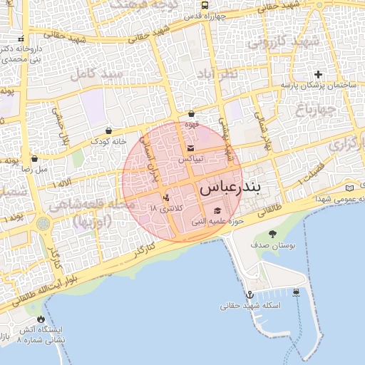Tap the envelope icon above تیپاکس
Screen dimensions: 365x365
point(190,148)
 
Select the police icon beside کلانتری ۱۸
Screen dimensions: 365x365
point(166,197)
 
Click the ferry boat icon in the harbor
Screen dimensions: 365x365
point(296,292)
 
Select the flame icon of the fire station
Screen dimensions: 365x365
point(41,319)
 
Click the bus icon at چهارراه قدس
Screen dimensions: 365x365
point(205,5)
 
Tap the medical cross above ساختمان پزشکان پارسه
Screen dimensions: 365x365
point(318,74)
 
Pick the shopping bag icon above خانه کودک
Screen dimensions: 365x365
point(108,131)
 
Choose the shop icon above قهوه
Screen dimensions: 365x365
point(191,114)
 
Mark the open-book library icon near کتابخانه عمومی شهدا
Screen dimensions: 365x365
point(349,187)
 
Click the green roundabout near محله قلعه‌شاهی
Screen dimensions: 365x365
point(44,223)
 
